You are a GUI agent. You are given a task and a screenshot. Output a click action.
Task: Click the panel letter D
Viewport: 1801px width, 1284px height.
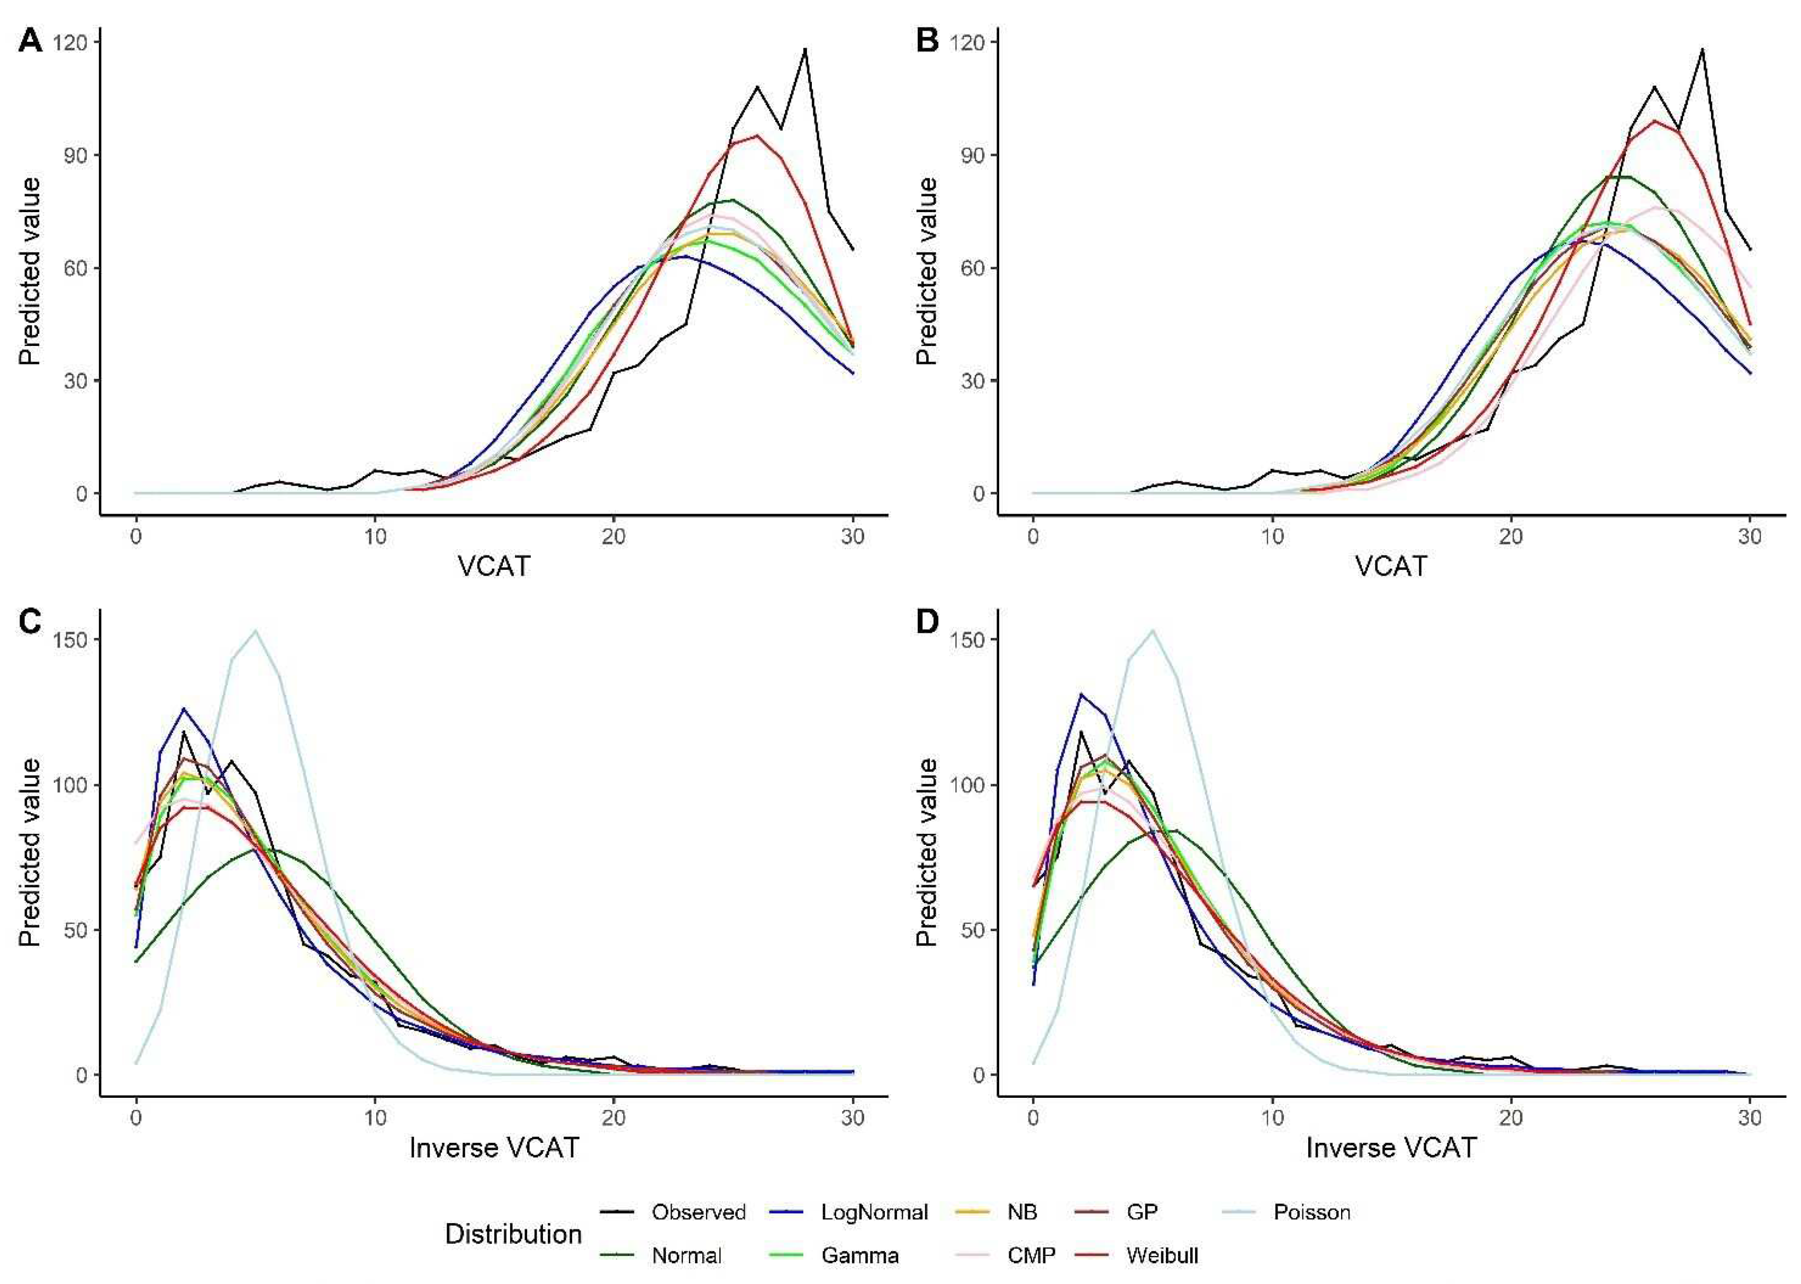coord(927,622)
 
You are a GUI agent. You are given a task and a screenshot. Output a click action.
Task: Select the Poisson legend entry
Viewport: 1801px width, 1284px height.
coord(1310,1212)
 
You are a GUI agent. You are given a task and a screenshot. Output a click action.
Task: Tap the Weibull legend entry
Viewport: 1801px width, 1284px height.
coord(1162,1255)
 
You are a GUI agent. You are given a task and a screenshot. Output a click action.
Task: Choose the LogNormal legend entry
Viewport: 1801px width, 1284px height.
coord(874,1212)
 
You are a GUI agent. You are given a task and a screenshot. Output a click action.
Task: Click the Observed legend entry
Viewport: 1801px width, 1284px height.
coord(698,1212)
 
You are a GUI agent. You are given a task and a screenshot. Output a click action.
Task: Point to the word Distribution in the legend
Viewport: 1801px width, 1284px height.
coord(513,1233)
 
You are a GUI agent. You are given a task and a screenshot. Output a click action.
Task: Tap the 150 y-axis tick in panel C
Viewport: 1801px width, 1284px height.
coord(70,639)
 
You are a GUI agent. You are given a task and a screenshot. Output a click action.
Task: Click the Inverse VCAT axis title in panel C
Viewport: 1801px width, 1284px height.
coord(494,1147)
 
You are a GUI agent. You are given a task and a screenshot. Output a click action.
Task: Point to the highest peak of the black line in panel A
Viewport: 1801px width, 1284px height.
coord(805,49)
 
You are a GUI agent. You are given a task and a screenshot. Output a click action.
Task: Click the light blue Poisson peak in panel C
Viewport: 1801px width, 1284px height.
coord(256,631)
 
